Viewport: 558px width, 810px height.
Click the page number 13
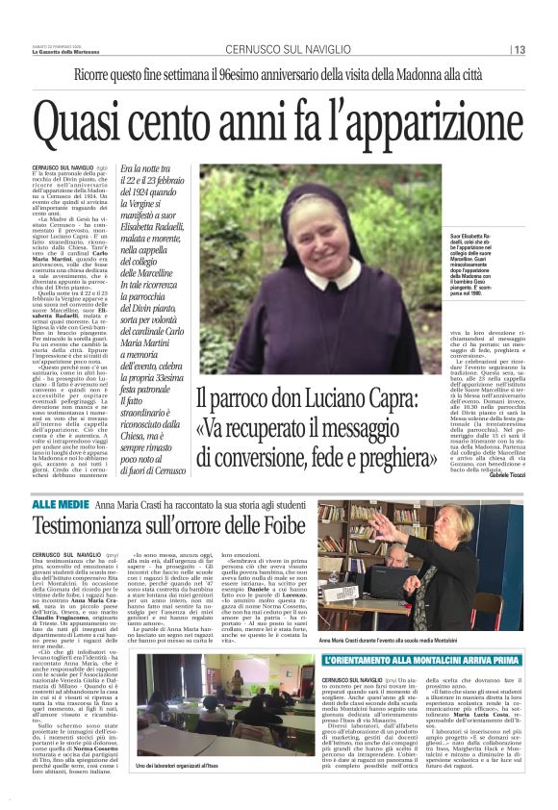[x=519, y=50]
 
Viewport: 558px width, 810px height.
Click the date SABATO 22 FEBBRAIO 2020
[x=59, y=46]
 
